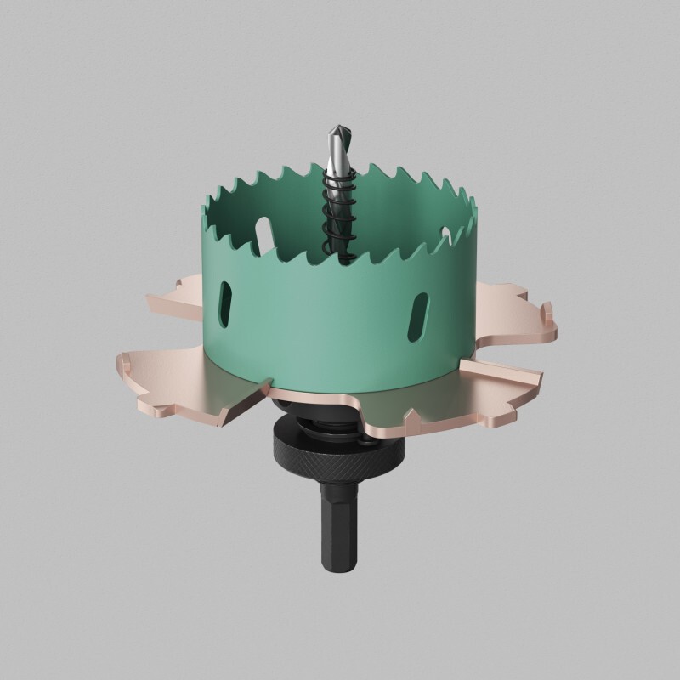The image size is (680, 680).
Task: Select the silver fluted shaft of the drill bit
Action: (x=335, y=157)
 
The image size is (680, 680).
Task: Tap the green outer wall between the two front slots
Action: (x=323, y=323)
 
